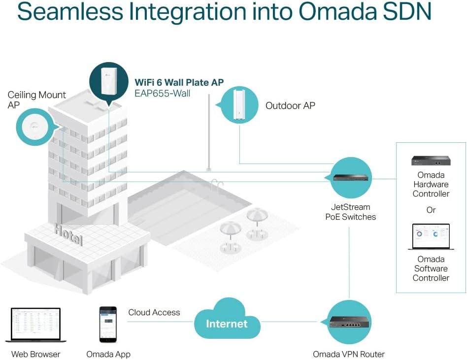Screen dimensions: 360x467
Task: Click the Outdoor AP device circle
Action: tap(239, 105)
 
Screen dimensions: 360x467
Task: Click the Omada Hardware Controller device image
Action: tap(431, 161)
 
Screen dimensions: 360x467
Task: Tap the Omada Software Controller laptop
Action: tap(431, 237)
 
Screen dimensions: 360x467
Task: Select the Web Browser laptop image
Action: tap(35, 325)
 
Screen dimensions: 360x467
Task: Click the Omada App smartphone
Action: tap(108, 325)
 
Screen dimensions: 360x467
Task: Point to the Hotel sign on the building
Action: tap(68, 234)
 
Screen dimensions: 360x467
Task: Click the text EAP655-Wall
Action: tap(162, 93)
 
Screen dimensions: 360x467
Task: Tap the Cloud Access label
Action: tap(154, 312)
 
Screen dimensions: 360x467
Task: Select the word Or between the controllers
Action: tap(431, 210)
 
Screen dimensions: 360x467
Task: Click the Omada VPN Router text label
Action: tap(349, 354)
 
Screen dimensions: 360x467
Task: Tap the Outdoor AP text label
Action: tap(290, 105)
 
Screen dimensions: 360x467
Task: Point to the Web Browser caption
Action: tap(35, 354)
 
